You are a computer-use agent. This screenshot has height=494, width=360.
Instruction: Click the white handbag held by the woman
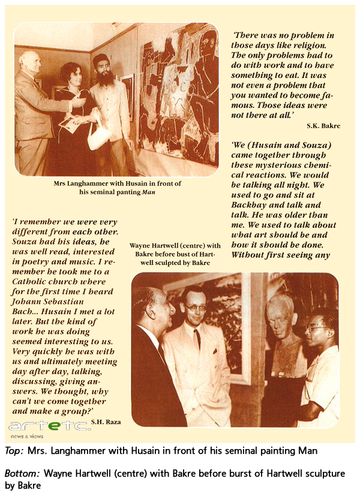click(98, 137)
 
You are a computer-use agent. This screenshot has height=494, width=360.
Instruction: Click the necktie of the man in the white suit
click(197, 339)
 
